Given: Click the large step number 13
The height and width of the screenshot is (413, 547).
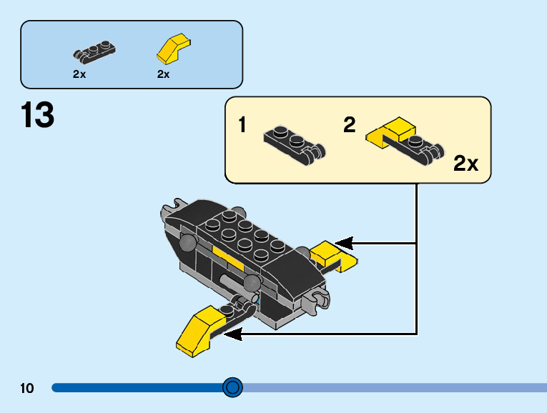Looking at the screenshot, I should [38, 116].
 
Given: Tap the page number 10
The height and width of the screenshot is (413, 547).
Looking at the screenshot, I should [27, 388].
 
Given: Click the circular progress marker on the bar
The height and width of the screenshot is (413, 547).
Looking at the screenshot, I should [232, 387].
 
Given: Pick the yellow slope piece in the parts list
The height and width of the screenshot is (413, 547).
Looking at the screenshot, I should [172, 49].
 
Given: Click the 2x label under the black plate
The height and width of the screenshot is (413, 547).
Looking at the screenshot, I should [79, 74].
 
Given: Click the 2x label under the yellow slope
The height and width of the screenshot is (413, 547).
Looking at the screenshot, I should [163, 74].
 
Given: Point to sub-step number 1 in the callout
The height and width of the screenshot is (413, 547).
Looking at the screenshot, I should [242, 126].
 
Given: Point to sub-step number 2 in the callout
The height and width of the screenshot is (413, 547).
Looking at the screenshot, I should [349, 126].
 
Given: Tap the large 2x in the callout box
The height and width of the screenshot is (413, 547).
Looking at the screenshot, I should [465, 164].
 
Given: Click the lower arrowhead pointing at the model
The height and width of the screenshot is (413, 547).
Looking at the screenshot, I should [232, 332].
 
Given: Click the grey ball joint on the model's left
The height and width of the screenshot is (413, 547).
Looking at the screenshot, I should [188, 244].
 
